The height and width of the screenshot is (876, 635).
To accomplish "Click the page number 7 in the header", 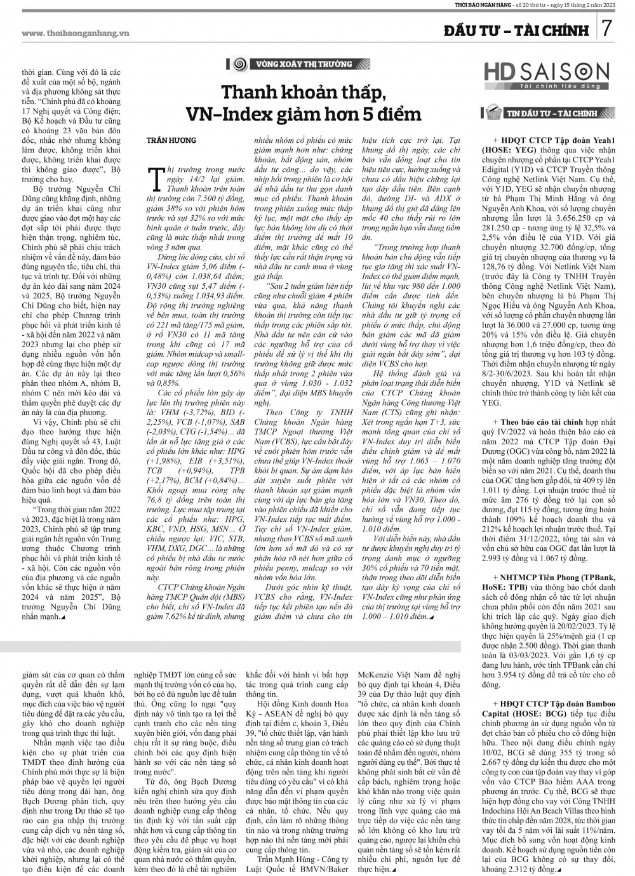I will click(x=607, y=30).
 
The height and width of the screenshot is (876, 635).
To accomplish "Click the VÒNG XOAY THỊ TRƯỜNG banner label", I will click(x=304, y=64).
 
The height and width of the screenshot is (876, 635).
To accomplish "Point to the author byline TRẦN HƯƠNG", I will click(x=171, y=140).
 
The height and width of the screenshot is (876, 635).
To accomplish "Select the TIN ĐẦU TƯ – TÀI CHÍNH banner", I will click(x=559, y=114).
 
